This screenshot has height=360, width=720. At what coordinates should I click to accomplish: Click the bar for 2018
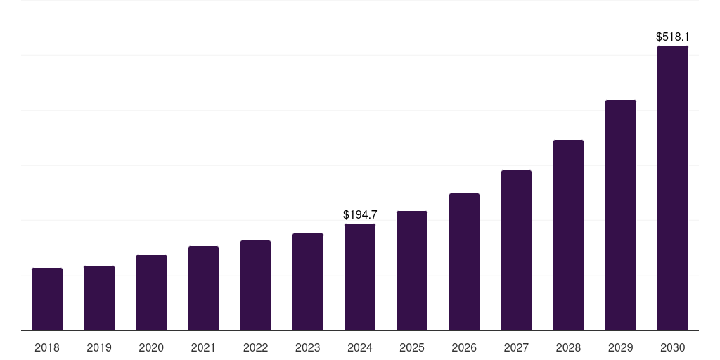pos(47,299)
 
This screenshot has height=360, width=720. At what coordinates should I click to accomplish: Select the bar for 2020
pos(151,292)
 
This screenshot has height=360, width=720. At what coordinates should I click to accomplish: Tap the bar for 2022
pos(255,285)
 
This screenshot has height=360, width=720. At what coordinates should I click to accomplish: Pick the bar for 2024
pos(360,277)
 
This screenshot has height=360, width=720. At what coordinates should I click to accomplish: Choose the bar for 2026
pos(464,262)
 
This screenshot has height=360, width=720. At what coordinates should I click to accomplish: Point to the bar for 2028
pos(568,235)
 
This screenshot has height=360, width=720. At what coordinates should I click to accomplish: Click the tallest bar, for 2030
pos(673,188)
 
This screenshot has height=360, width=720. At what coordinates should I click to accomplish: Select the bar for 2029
pos(621,215)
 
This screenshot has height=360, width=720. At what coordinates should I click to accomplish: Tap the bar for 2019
pos(99,298)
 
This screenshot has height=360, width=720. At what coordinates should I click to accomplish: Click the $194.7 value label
pos(360,214)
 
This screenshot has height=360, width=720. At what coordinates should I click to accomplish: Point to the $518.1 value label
pos(673,37)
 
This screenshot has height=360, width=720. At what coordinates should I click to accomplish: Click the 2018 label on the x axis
pos(47,347)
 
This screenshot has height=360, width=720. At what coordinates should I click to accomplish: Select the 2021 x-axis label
pos(203,347)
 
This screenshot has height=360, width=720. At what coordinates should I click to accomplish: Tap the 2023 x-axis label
pos(308,347)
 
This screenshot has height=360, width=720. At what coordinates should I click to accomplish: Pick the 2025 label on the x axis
pos(412,347)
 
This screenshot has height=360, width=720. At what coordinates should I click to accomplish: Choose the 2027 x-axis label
pos(516,347)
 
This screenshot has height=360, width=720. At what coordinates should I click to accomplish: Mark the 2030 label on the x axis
pos(673,347)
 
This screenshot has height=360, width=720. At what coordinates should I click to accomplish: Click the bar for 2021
pos(203,288)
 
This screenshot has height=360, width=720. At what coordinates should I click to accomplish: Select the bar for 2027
pos(516,250)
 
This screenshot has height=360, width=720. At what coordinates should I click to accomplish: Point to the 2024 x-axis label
pos(360,347)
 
